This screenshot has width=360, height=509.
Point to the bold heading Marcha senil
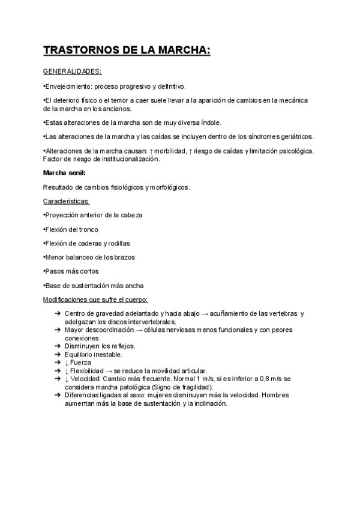(64, 173)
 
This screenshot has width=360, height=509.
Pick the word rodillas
(117, 243)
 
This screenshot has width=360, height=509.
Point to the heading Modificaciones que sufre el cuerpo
(95, 299)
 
